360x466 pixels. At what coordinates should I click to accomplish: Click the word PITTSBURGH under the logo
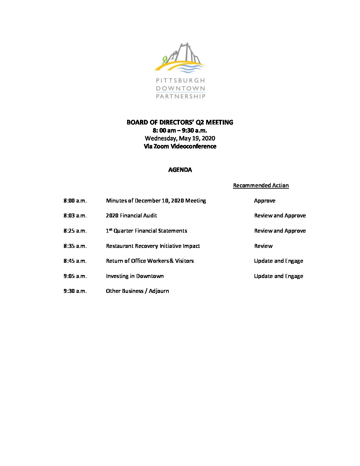(180, 80)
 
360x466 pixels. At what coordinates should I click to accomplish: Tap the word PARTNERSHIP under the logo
(180, 96)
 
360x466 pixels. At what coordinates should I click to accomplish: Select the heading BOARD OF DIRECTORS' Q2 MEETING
(180, 122)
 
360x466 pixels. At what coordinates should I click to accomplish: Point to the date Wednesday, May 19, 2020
(180, 138)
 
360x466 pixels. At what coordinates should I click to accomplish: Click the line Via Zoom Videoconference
(180, 146)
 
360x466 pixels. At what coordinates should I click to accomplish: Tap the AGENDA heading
(180, 170)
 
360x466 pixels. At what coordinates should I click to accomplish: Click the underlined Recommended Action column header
(261, 185)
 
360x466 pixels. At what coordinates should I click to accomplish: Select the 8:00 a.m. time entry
(75, 201)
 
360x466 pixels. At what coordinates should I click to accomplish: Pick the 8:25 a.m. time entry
(75, 231)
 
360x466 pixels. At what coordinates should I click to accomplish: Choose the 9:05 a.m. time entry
(75, 276)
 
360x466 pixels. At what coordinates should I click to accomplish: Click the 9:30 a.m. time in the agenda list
(75, 291)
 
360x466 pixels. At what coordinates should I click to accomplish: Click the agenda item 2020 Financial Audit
(131, 215)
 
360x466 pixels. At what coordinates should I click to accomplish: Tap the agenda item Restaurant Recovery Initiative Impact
(153, 246)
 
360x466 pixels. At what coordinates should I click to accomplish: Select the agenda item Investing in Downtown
(135, 276)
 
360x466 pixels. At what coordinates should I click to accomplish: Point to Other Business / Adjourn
(137, 291)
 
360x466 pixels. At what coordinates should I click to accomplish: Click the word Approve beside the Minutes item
(264, 201)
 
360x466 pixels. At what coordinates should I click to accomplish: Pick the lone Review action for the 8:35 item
(263, 246)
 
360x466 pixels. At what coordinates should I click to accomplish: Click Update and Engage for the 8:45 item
(278, 261)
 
